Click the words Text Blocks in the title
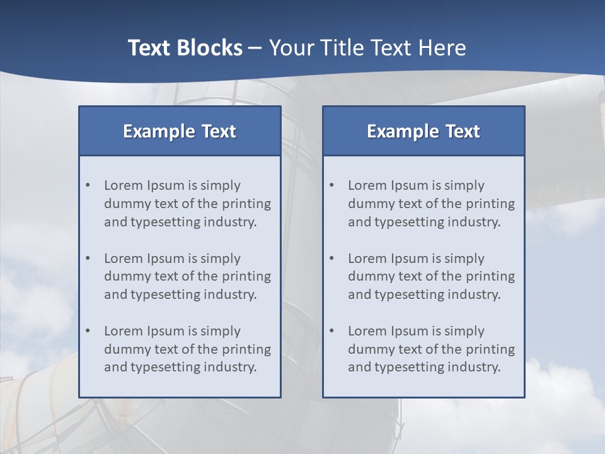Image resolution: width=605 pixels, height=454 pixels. [185, 48]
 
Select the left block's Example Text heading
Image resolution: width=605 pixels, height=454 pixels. [180, 131]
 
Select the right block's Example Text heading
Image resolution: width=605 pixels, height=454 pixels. [423, 131]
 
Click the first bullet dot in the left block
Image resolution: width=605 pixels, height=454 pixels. [88, 185]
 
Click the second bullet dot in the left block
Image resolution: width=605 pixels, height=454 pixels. [88, 259]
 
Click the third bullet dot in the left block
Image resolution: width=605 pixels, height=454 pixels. [88, 331]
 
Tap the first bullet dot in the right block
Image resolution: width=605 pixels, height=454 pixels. [332, 185]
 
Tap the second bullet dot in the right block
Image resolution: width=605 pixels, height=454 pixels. [332, 259]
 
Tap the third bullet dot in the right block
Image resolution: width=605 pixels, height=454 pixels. [332, 331]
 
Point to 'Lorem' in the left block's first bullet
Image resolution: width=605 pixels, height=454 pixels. [124, 185]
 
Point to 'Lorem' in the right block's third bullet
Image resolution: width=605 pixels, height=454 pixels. [367, 331]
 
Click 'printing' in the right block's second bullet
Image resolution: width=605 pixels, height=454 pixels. [490, 277]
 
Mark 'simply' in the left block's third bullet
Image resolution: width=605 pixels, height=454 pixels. [221, 332]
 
